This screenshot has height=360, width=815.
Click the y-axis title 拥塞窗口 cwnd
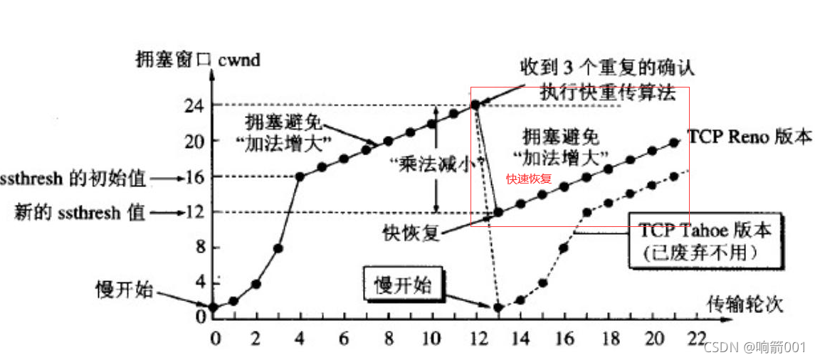pos(197,60)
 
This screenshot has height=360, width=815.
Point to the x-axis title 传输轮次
pos(745,305)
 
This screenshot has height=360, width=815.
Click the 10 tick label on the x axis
pos(432,337)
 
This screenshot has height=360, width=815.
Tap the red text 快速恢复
pos(529,180)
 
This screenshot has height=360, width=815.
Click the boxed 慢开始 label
pos(403,285)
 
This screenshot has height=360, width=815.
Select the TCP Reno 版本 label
pos(749,136)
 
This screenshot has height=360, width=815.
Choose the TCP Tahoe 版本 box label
pos(705,240)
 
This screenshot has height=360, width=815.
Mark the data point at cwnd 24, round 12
pos(475,104)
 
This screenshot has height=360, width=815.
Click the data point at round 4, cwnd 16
pos(300,176)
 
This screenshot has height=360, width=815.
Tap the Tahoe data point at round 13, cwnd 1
pos(498,307)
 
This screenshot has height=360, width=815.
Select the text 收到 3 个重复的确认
pos(606,68)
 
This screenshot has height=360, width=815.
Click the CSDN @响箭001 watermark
pos(754,347)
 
